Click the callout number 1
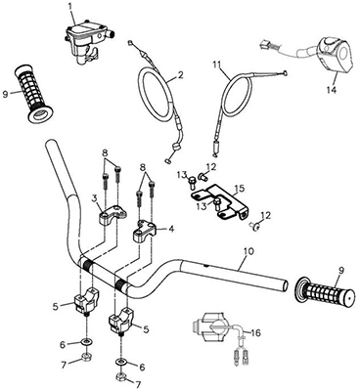[x=71, y=6]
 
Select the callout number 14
[x=331, y=90]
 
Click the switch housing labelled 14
[x=336, y=57]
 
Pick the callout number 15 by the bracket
[x=240, y=189]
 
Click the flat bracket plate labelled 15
[x=218, y=204]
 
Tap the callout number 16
[x=256, y=333]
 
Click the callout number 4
[x=171, y=230]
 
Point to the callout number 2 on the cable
[x=181, y=75]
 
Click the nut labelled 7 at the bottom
[x=120, y=378]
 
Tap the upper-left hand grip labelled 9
[x=34, y=94]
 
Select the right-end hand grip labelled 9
[x=324, y=291]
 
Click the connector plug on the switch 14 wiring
[x=264, y=45]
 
